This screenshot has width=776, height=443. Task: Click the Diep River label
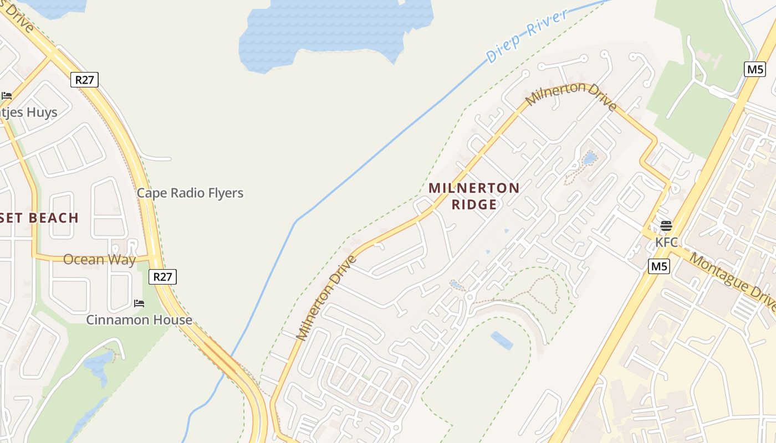point(527,35)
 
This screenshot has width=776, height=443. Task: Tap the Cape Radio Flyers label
point(190,193)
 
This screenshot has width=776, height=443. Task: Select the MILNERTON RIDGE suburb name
point(474,196)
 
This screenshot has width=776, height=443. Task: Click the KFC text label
point(666,242)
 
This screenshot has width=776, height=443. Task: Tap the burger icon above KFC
point(666,226)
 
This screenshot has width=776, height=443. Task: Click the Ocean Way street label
point(99,259)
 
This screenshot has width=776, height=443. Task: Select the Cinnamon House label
point(139,320)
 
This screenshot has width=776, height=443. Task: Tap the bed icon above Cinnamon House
point(139,303)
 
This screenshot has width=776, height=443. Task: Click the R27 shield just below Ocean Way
point(162,276)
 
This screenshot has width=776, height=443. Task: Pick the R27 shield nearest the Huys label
point(85,80)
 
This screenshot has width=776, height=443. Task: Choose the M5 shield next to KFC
point(659,266)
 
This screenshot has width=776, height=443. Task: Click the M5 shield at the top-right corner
point(754,69)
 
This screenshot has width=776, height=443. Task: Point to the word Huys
point(41,112)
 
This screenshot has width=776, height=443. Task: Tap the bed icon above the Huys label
point(7,96)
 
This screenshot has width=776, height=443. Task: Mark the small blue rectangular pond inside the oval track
point(502,340)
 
